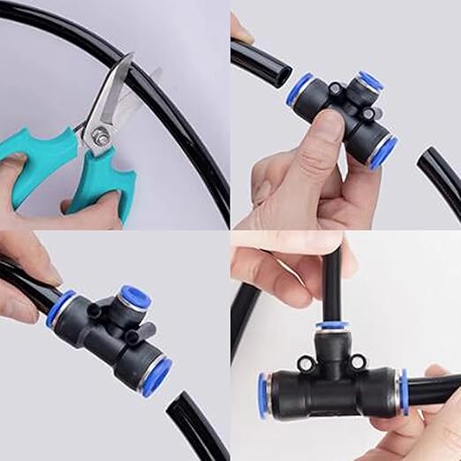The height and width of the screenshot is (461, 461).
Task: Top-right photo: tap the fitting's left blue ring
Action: coord(299,90)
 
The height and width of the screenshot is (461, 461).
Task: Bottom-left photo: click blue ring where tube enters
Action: coord(60,309)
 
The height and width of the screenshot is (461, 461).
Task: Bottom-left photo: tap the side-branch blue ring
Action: coord(135,297)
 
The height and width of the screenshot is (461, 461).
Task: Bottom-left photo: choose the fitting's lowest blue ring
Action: coord(155,375)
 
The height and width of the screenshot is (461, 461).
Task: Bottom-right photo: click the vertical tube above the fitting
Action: coord(332,283)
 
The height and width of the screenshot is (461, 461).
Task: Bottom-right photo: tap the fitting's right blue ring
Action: coord(403,391)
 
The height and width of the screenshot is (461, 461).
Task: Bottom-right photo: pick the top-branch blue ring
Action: coord(332,326)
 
